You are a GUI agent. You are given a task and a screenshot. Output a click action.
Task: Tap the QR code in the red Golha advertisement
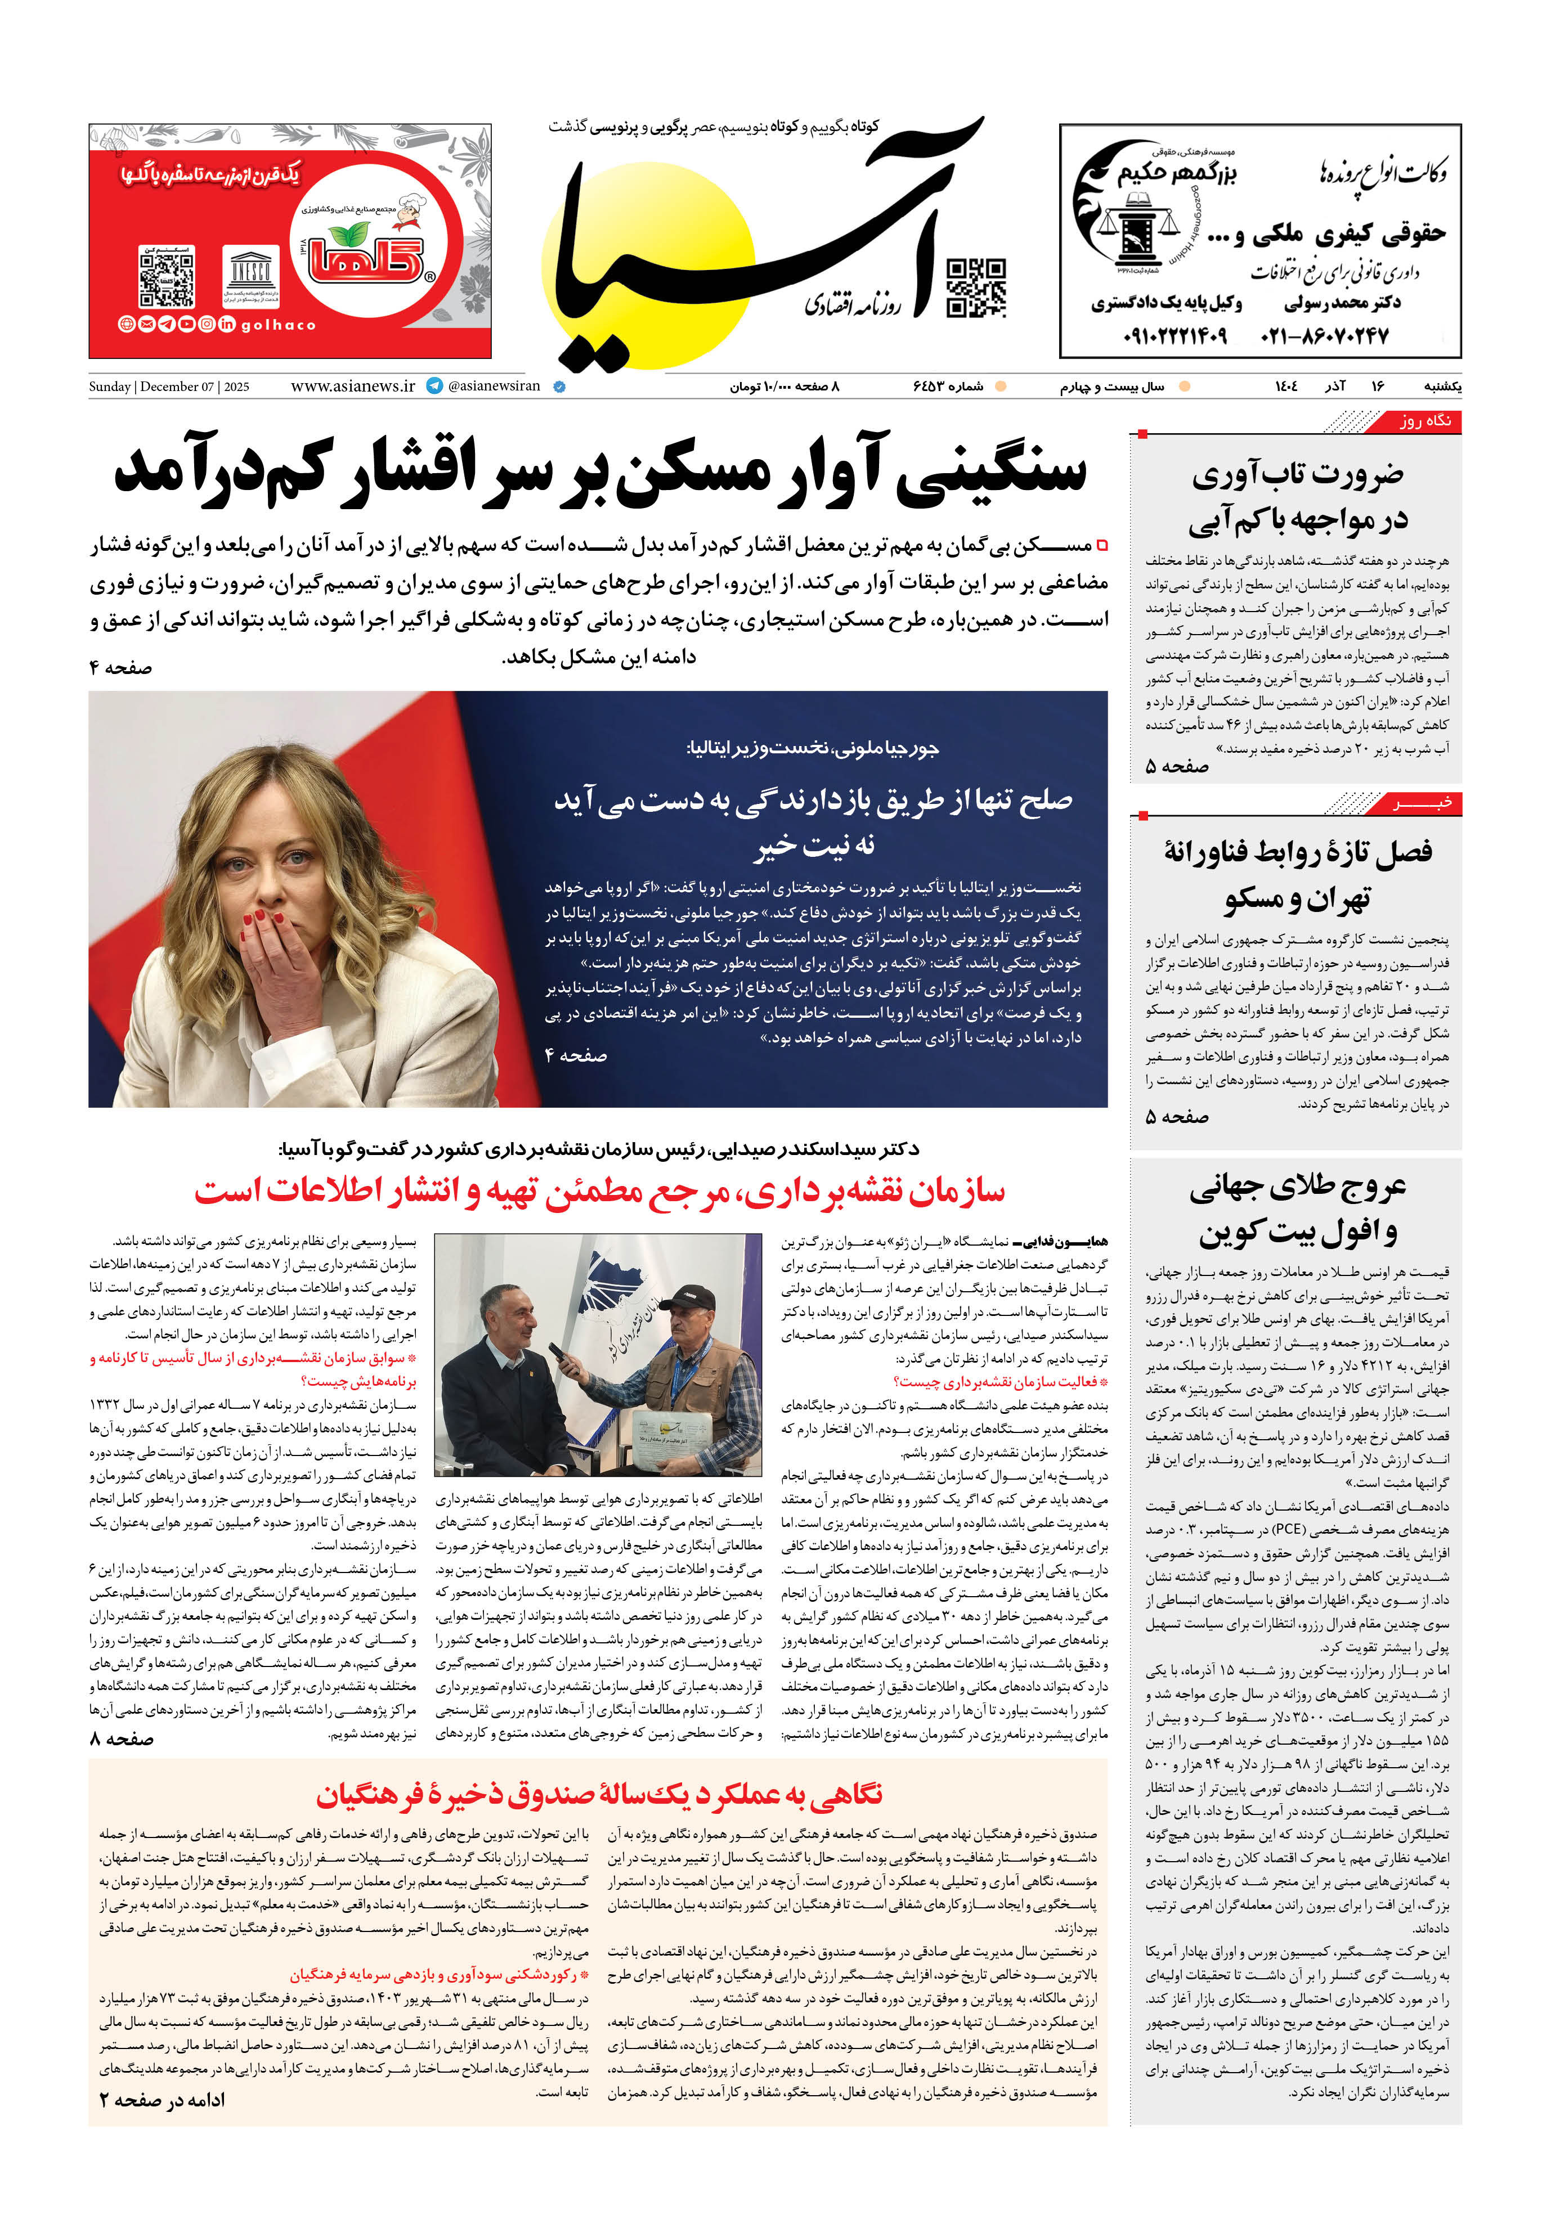coord(167,277)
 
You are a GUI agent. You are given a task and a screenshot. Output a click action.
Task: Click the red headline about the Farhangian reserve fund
coord(598,1794)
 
